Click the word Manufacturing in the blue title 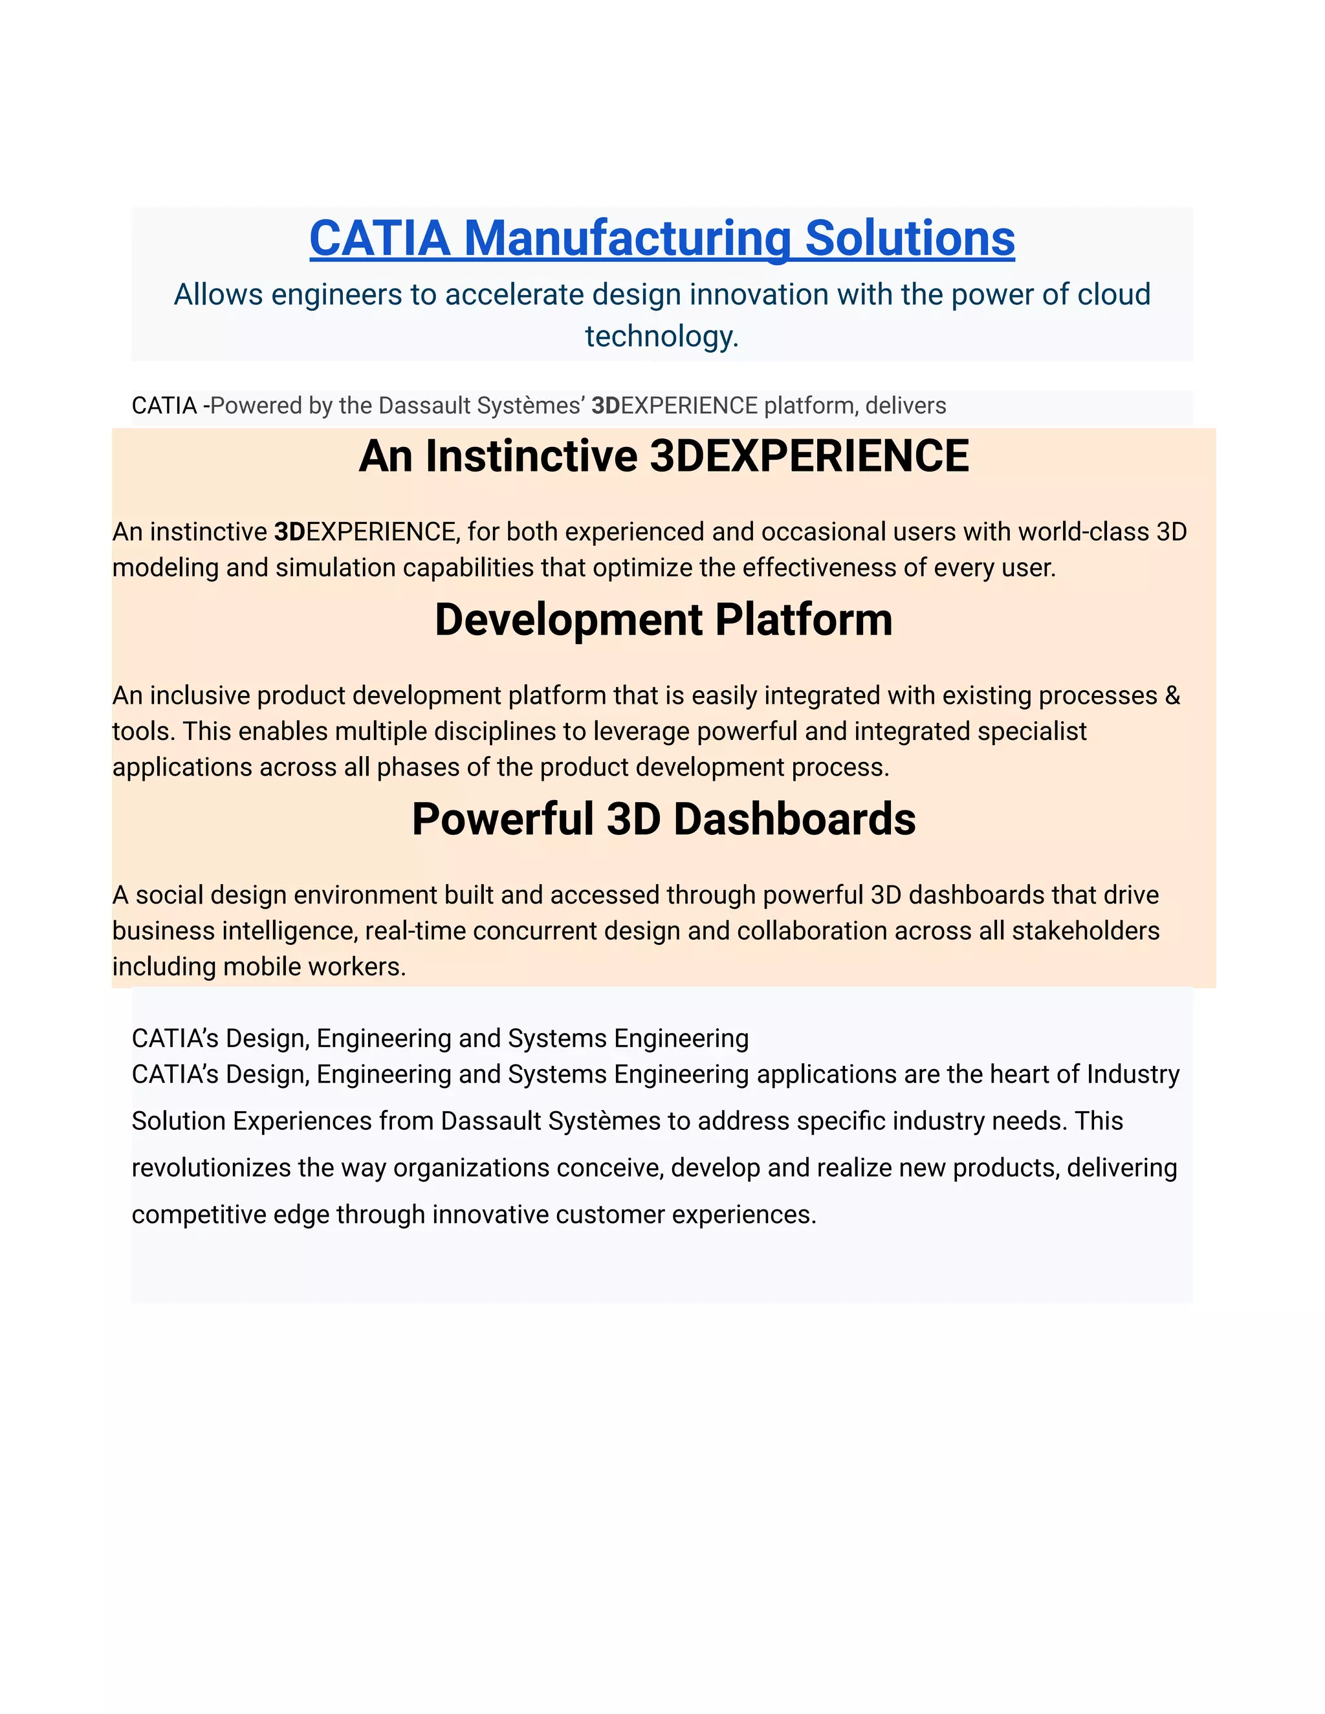[x=627, y=238]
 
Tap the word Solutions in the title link [x=910, y=238]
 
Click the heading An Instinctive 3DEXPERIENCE [x=663, y=456]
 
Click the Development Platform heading [x=663, y=620]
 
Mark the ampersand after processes [x=1173, y=695]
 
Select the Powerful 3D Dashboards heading [x=663, y=819]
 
